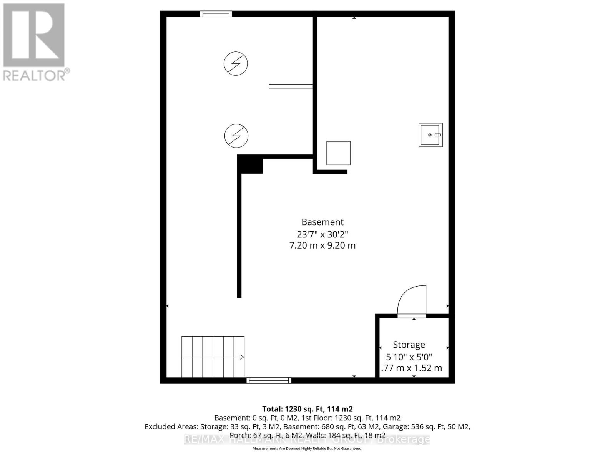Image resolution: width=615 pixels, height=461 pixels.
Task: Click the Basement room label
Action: click(322, 222)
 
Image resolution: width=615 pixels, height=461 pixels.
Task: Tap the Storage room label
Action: click(409, 345)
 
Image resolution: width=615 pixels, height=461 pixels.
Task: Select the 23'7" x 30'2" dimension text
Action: click(322, 234)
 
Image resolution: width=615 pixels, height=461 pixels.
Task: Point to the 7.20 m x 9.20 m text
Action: click(322, 245)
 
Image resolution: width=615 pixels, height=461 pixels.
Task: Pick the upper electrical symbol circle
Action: click(236, 63)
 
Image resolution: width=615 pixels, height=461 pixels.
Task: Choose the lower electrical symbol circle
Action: click(236, 136)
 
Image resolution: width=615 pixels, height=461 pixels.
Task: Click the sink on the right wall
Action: click(430, 135)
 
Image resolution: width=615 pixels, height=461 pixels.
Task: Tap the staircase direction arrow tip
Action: click(242, 357)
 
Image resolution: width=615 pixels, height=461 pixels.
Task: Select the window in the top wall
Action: click(216, 14)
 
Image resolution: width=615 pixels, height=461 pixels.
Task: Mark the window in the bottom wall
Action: click(269, 380)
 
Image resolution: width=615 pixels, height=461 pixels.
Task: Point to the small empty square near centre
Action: click(338, 153)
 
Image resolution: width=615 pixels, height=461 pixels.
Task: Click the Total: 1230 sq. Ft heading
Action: click(307, 409)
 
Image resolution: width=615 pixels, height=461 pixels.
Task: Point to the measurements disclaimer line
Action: click(307, 448)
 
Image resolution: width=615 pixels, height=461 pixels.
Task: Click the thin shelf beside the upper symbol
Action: click(291, 86)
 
